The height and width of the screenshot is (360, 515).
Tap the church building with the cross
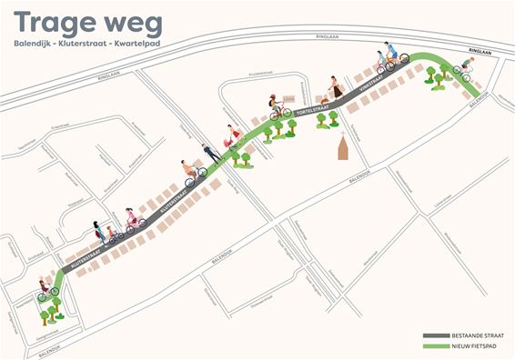[343, 147]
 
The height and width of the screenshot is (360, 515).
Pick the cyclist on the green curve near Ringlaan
[465, 67]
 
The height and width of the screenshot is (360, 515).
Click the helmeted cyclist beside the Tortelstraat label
[277, 107]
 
